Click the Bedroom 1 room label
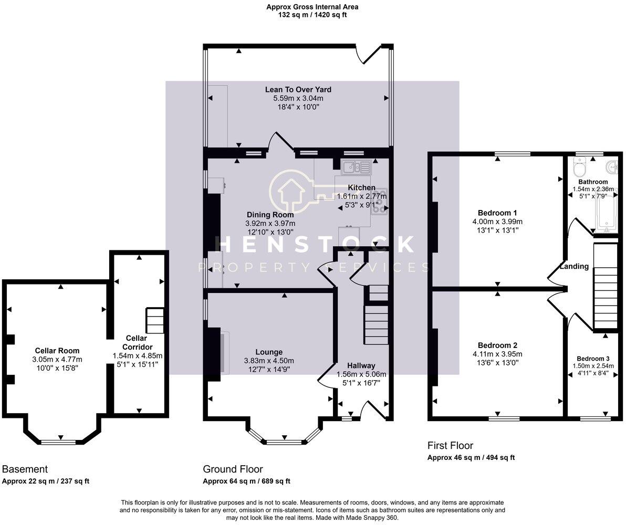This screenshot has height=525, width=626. [497, 213]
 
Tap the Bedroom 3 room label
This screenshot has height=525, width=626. [592, 358]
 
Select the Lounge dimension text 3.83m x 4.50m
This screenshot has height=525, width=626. [269, 361]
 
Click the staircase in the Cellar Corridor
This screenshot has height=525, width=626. [154, 321]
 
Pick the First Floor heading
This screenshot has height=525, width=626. [451, 446]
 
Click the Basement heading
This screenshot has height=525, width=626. [25, 469]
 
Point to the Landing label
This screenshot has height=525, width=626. [574, 266]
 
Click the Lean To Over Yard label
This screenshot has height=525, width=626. [298, 90]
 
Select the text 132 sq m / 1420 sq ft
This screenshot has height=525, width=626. [312, 15]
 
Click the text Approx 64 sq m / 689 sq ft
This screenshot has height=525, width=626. [246, 481]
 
